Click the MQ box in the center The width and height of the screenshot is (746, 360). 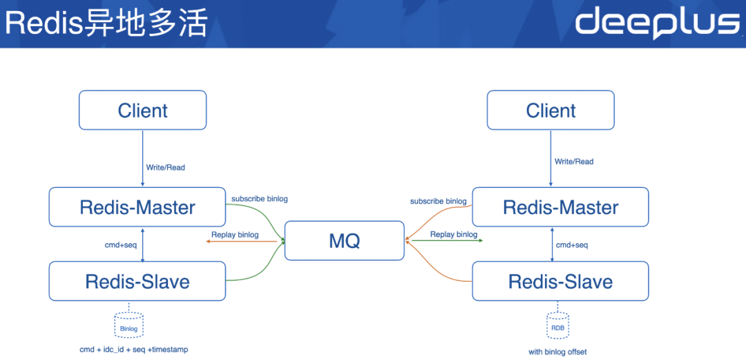pos(344,240)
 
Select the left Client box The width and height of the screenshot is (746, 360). pos(142,110)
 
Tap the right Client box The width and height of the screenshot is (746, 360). pos(551,110)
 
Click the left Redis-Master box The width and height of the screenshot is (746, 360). pos(137,207)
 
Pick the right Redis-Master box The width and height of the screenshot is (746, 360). pos(560,207)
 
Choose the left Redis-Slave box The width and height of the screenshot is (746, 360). pos(137,281)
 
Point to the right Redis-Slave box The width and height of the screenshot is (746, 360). pos(560,281)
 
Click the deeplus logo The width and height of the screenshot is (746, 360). pos(657,23)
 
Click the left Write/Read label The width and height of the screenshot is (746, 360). pos(166,167)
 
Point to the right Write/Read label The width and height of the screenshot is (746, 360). pos(574,162)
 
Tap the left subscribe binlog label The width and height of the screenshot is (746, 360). pos(259,199)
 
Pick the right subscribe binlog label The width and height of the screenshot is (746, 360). pos(438,202)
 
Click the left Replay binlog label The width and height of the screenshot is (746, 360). pos(235,235)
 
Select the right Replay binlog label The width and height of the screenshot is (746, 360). pos(453,235)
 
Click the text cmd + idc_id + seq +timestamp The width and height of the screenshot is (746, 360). pos(134,350)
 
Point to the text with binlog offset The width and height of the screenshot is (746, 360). pos(557,352)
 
